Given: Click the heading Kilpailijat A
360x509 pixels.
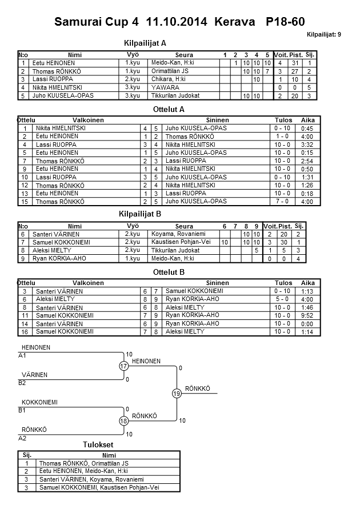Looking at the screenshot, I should click(145, 42).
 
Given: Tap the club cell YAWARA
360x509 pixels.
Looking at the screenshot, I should click(166, 87).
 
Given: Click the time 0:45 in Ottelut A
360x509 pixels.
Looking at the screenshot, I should click(307, 129).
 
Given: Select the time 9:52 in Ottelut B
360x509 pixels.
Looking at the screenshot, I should click(307, 315).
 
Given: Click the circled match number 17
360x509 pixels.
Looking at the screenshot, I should click(123, 366).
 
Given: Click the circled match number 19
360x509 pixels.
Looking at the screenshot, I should click(177, 393).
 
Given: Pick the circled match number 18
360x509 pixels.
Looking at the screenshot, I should click(123, 420).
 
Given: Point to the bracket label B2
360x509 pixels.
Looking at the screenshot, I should click(22, 383).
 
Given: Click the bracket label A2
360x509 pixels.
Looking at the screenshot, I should click(22, 438).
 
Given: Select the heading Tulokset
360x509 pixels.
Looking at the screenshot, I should click(98, 445).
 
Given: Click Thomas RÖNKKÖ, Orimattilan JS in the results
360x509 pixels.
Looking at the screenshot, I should click(83, 463).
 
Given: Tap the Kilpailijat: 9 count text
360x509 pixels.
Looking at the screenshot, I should click(324, 35).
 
